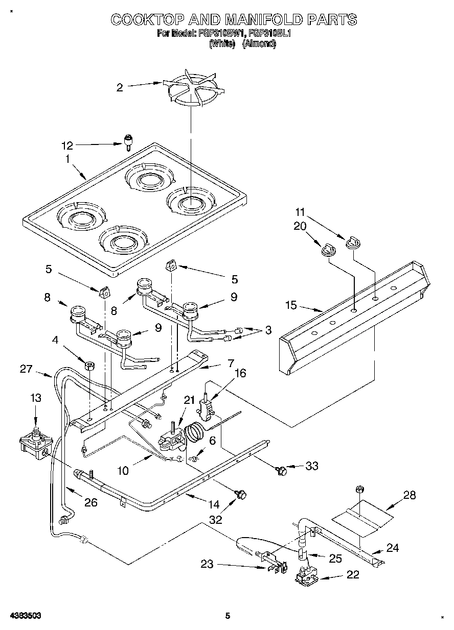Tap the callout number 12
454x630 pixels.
pyautogui.click(x=67, y=146)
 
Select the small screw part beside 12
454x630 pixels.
pyautogui.click(x=128, y=141)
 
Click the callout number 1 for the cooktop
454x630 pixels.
pyautogui.click(x=67, y=159)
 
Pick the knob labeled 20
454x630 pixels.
pyautogui.click(x=327, y=249)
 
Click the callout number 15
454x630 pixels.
pyautogui.click(x=291, y=306)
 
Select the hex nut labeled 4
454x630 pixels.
pyautogui.click(x=89, y=365)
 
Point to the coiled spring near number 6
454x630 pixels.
pyautogui.click(x=193, y=434)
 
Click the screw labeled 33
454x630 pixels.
pyautogui.click(x=280, y=468)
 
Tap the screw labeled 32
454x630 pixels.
pyautogui.click(x=241, y=494)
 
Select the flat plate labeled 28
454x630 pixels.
pyautogui.click(x=363, y=517)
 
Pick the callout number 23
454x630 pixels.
pyautogui.click(x=207, y=565)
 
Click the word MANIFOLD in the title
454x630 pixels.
pyautogui.click(x=264, y=19)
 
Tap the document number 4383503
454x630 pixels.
pyautogui.click(x=24, y=616)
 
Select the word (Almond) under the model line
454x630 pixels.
pyautogui.click(x=259, y=44)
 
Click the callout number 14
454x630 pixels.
pyautogui.click(x=214, y=504)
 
